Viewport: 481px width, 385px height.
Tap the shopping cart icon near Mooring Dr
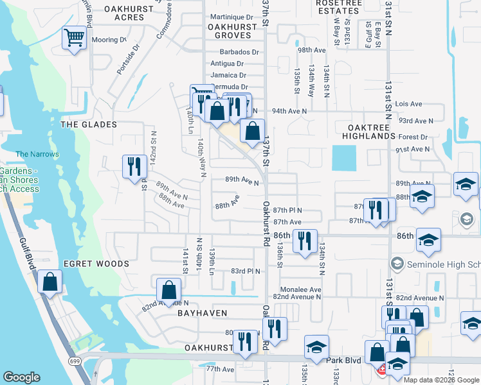(x=75, y=38)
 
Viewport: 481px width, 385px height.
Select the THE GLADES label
(x=88, y=124)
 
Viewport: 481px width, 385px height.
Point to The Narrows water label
(x=37, y=154)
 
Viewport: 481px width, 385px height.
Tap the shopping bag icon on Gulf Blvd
(x=50, y=283)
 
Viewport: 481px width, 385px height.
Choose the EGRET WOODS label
(x=96, y=264)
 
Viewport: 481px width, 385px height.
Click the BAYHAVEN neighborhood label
(x=201, y=315)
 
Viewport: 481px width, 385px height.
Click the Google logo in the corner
(x=22, y=377)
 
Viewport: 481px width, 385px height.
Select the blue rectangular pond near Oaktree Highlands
(x=344, y=158)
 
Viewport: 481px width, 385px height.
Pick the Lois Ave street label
(x=409, y=103)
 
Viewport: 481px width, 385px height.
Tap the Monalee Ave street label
(x=296, y=289)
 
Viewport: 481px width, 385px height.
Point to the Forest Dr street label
(x=413, y=137)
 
